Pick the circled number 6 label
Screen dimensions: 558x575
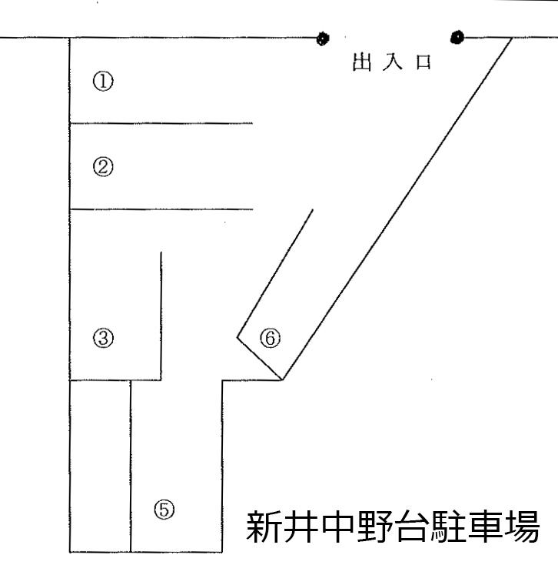coord(270,337)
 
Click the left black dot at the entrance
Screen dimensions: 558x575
coord(322,37)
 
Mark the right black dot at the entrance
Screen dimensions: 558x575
coord(458,36)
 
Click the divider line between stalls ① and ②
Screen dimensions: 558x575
coord(161,123)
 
